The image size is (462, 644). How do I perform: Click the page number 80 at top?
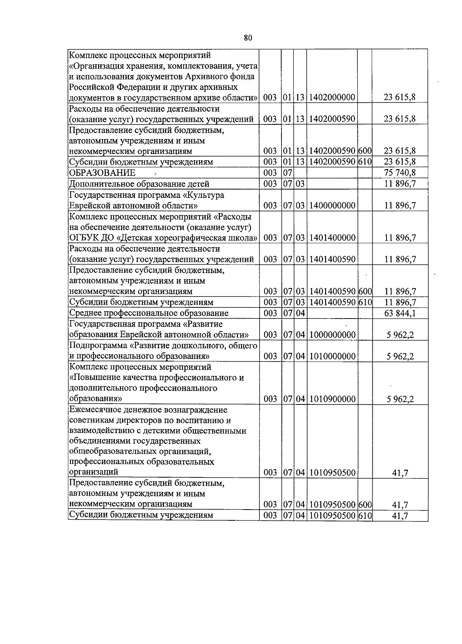[248, 38]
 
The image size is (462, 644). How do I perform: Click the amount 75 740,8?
[400, 173]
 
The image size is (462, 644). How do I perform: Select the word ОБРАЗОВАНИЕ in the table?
[102, 173]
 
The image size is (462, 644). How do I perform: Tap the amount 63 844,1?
[400, 313]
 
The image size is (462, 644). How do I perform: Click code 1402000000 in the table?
[331, 97]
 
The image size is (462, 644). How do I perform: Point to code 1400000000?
[331, 206]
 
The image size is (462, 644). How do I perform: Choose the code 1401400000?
[331, 238]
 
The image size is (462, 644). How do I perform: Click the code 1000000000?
[331, 335]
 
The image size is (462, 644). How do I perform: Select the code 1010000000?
[331, 356]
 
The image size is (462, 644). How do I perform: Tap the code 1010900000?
[331, 399]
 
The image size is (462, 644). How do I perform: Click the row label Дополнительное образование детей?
[139, 184]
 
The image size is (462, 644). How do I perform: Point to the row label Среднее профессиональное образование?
[149, 313]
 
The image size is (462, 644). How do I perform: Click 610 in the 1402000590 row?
[365, 162]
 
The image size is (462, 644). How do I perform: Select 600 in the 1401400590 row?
[365, 292]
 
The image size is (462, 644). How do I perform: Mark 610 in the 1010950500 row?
[365, 515]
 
